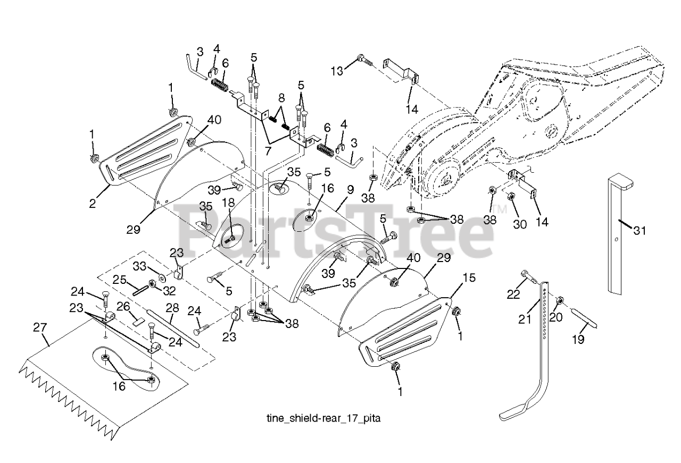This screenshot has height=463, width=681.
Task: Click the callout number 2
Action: [x=93, y=203]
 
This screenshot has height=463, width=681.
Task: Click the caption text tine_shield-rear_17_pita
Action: [x=323, y=418]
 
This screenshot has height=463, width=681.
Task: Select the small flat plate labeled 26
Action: [x=139, y=320]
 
